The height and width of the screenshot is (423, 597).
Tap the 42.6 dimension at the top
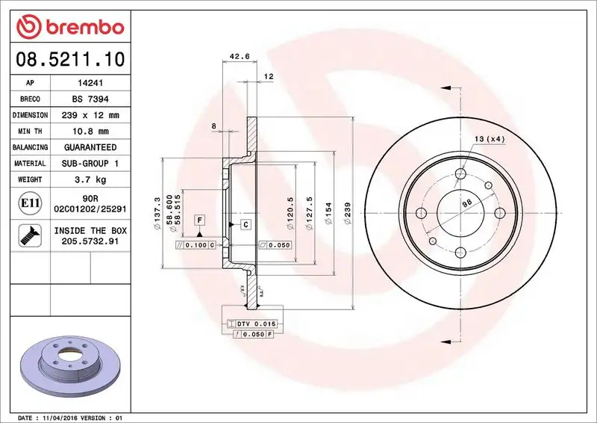239,55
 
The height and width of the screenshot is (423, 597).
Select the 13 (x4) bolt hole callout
490,139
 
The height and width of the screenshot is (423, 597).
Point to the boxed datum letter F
199,220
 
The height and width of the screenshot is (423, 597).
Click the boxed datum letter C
245,224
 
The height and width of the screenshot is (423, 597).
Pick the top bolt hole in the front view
460,176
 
